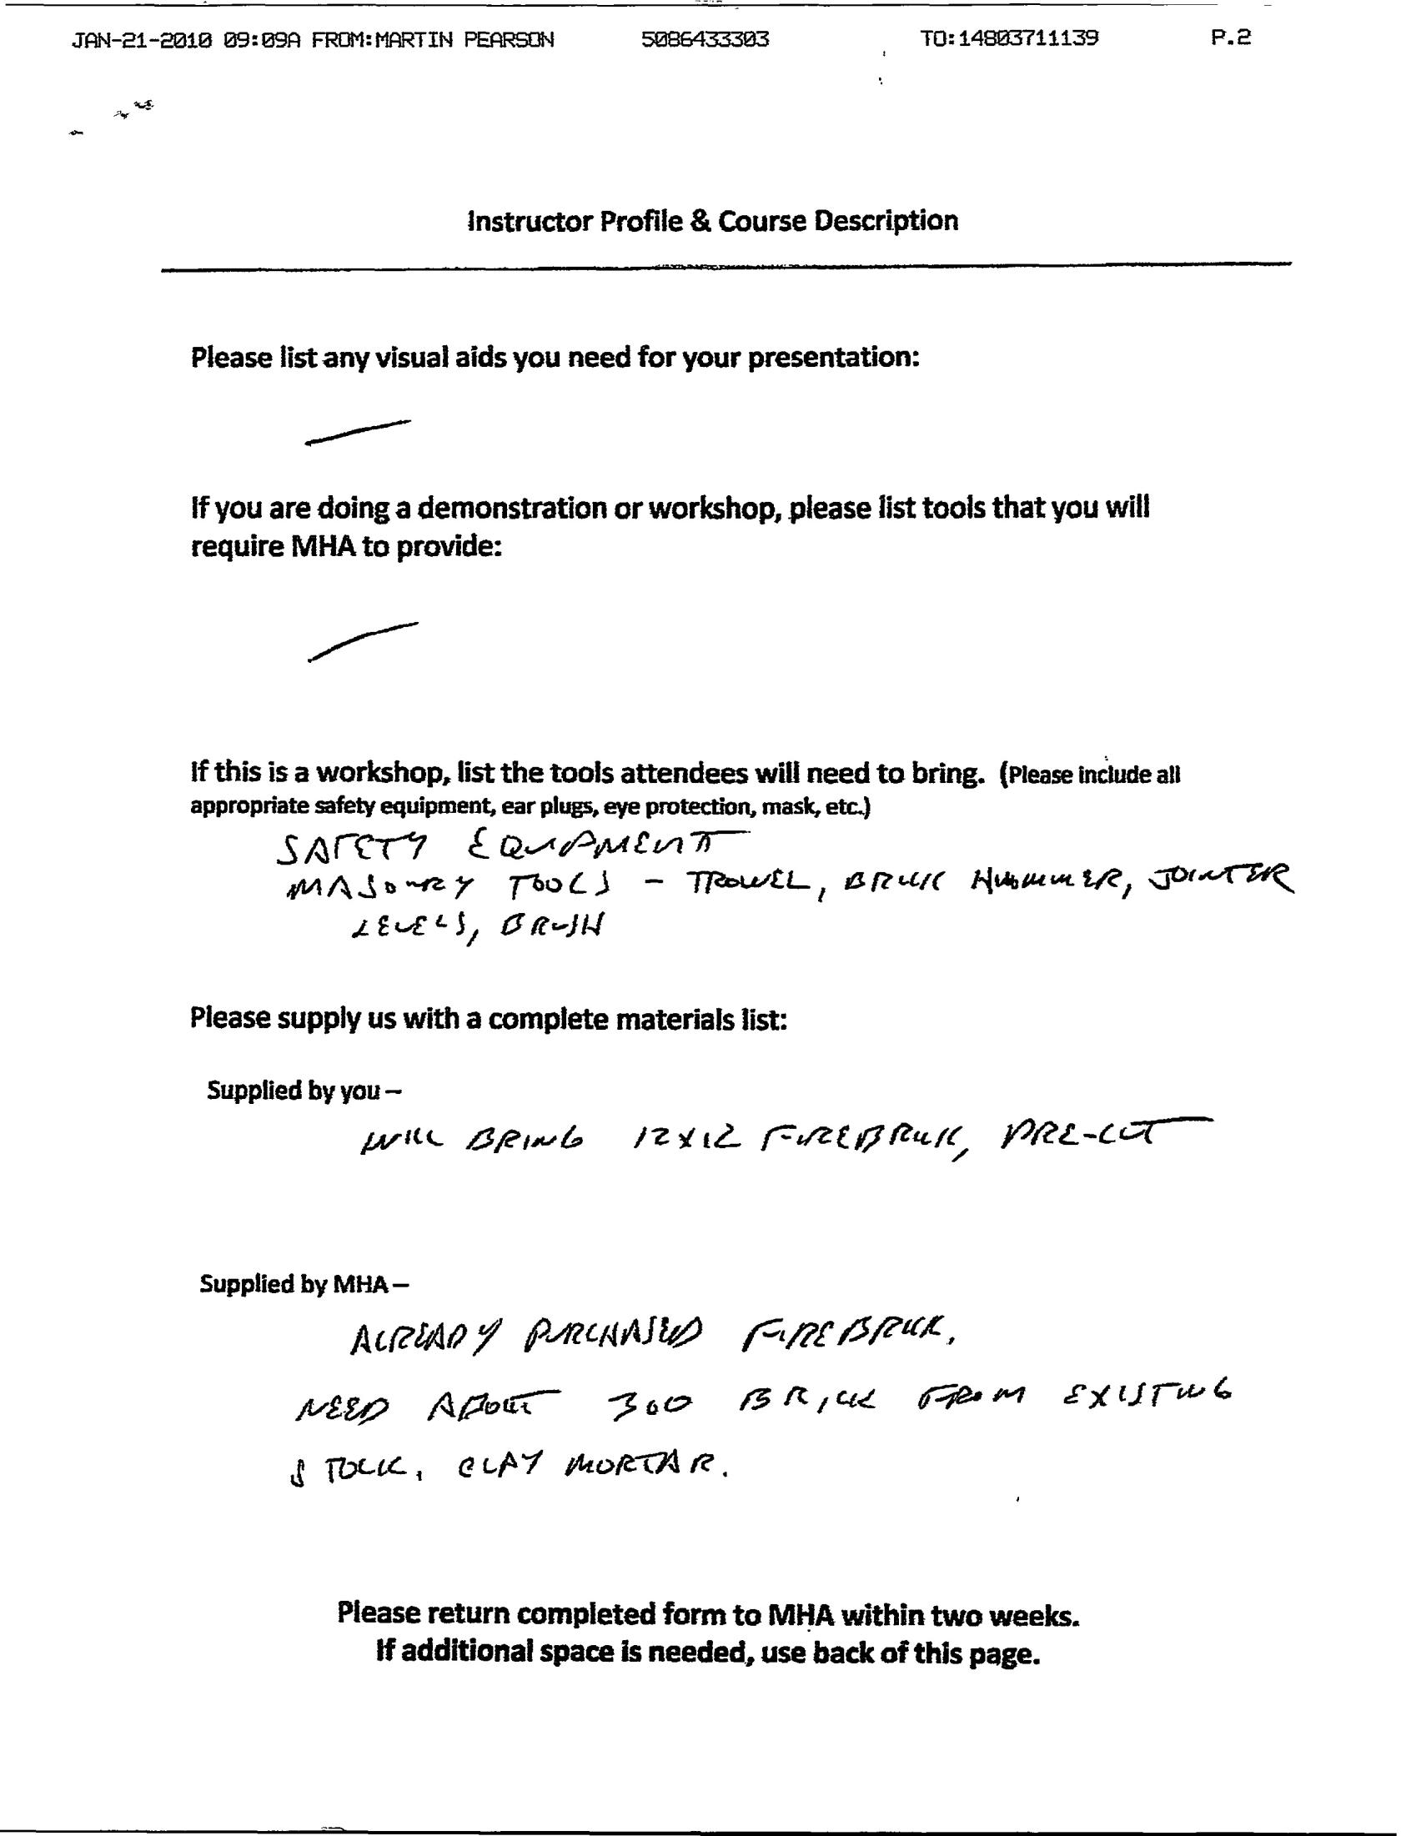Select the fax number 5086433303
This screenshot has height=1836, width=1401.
click(705, 39)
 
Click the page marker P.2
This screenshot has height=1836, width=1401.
click(1231, 38)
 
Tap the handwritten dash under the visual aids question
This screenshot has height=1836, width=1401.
click(358, 432)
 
